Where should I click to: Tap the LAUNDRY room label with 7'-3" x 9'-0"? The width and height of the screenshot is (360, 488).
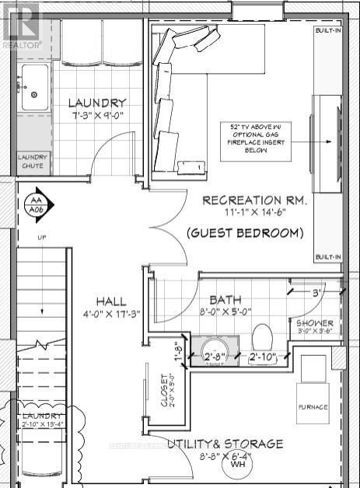point(96,103)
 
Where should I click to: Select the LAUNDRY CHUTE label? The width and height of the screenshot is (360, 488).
point(33,162)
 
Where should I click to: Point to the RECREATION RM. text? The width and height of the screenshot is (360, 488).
point(254,200)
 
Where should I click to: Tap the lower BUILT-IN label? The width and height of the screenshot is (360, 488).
point(327,256)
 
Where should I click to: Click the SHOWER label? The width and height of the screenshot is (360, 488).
point(314,322)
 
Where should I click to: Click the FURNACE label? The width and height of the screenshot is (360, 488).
point(313,407)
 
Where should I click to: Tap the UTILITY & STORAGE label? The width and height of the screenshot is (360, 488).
point(225,444)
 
